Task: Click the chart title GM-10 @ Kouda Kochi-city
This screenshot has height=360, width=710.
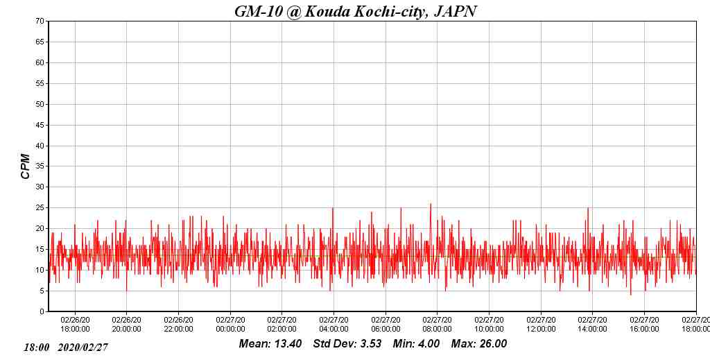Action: tap(355, 11)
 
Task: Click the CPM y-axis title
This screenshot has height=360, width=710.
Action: tap(26, 166)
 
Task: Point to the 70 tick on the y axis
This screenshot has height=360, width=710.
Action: tap(40, 22)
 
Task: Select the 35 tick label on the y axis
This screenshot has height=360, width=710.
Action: tap(40, 166)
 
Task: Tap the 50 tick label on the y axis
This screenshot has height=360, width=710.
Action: tap(40, 104)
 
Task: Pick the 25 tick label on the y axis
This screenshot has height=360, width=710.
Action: tap(40, 208)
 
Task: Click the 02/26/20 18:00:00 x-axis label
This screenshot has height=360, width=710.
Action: tap(75, 325)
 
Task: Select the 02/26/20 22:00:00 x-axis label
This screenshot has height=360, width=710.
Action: tap(178, 325)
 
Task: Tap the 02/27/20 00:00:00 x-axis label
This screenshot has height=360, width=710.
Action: tap(230, 325)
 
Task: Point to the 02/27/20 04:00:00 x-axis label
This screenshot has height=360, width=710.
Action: tap(334, 325)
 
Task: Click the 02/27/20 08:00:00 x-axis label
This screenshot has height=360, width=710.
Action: tap(437, 325)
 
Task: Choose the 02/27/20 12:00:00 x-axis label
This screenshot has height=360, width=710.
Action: tap(541, 325)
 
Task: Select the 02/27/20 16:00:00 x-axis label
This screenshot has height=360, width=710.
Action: tap(644, 325)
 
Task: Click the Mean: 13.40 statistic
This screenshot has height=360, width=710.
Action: tap(270, 344)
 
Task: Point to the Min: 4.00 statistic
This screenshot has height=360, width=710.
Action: tap(416, 344)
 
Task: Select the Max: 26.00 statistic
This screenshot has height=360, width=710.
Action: tap(479, 344)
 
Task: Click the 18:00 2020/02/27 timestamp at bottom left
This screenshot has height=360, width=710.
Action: tap(66, 347)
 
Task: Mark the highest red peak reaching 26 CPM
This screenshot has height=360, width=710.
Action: tap(431, 205)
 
